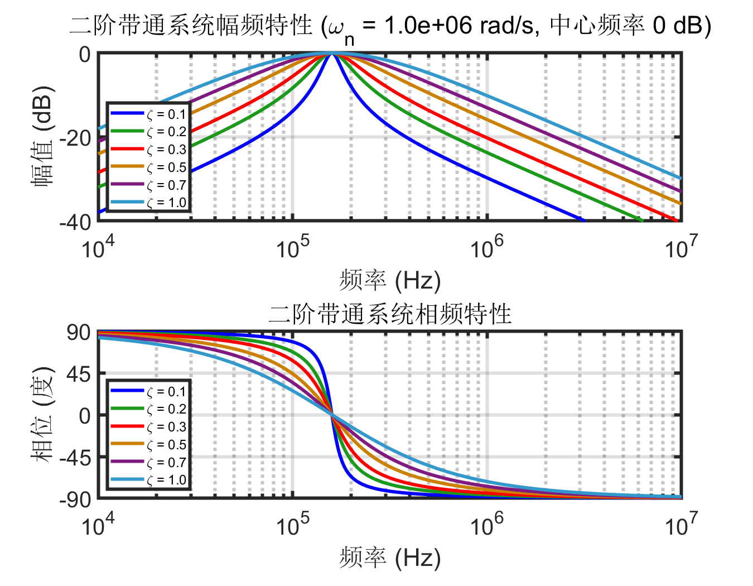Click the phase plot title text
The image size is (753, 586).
point(389,314)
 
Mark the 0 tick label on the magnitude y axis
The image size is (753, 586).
point(84,54)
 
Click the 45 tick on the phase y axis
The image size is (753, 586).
point(79,374)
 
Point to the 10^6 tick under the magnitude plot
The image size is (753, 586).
point(486,247)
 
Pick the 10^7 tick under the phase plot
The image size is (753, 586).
point(680,525)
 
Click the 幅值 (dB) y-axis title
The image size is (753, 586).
point(44,137)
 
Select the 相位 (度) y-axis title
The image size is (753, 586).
point(44,415)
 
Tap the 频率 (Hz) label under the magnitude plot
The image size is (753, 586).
point(389,280)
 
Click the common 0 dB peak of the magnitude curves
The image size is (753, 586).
point(332,53)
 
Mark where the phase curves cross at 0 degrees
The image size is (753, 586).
point(332,415)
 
